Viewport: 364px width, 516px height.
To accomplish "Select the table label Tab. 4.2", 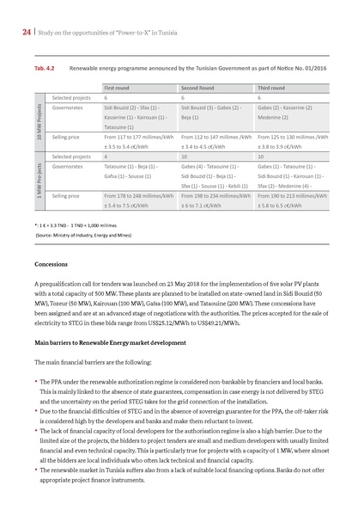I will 45,65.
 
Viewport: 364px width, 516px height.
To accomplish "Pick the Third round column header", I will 274,87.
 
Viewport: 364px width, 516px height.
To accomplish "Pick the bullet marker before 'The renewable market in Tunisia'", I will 36,470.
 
